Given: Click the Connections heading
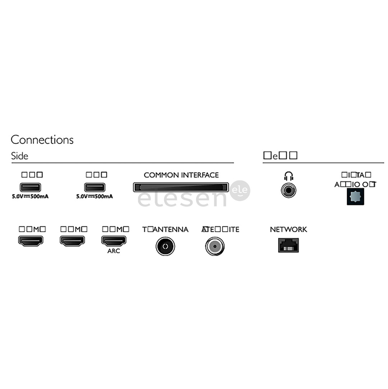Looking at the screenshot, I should (42, 139).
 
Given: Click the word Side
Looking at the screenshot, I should (19, 156).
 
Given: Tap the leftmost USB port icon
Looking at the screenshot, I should (30, 187).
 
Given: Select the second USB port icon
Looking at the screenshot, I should (94, 187).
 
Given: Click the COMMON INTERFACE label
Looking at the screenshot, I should (181, 175).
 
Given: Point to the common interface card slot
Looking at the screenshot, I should (181, 187).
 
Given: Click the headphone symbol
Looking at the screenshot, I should (288, 176).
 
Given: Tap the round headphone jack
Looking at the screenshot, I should (288, 190).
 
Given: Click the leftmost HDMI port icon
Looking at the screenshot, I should (31, 241).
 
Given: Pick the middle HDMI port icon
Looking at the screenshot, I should (72, 241).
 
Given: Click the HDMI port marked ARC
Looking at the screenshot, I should (114, 241).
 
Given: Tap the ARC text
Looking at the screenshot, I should (114, 251).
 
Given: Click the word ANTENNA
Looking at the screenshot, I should (171, 229).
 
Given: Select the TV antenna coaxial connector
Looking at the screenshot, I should (165, 246).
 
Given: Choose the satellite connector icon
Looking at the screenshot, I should (215, 246).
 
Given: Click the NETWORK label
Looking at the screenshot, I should (288, 229).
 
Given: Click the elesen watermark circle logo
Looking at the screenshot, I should (240, 191).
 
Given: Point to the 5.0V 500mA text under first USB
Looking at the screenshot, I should (30, 196).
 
